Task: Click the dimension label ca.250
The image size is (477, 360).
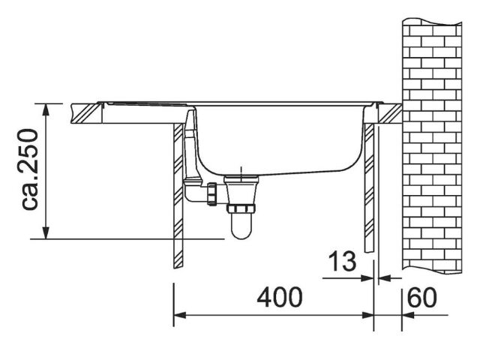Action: pyautogui.click(x=30, y=169)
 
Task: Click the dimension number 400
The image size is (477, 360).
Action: pyautogui.click(x=280, y=297)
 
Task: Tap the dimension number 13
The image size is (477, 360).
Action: pyautogui.click(x=342, y=261)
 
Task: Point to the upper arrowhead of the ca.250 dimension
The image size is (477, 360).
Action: pyautogui.click(x=46, y=109)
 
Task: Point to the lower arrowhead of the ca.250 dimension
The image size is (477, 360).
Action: pyautogui.click(x=46, y=232)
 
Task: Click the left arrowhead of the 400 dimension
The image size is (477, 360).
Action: pyautogui.click(x=179, y=315)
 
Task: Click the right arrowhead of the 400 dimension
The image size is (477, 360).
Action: pyautogui.click(x=367, y=315)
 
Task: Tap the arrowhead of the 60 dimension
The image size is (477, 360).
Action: pyautogui.click(x=408, y=315)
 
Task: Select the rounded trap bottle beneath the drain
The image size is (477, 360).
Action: pyautogui.click(x=241, y=226)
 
